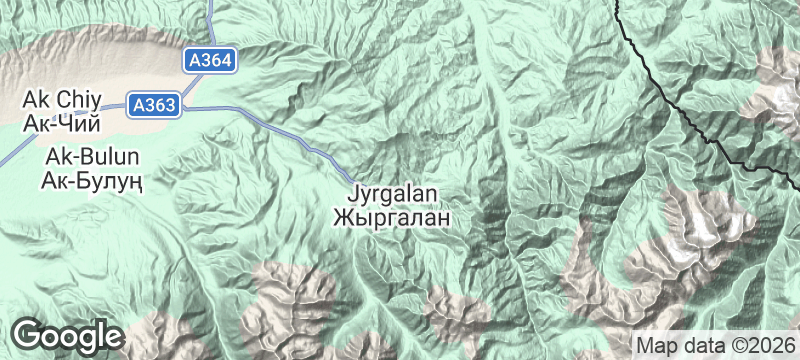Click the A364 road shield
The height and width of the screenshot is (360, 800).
pos(210,61)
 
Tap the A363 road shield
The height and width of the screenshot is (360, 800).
pos(153,102)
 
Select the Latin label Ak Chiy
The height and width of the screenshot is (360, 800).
pos(61,101)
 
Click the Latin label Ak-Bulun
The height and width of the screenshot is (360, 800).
pos(91,158)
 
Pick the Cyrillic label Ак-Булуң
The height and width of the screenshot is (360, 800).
pos(91,181)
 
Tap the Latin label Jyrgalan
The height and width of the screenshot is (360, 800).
pos(396,194)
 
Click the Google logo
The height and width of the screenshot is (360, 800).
pos(67,334)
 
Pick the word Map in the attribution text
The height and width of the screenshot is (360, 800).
pos(655,344)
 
